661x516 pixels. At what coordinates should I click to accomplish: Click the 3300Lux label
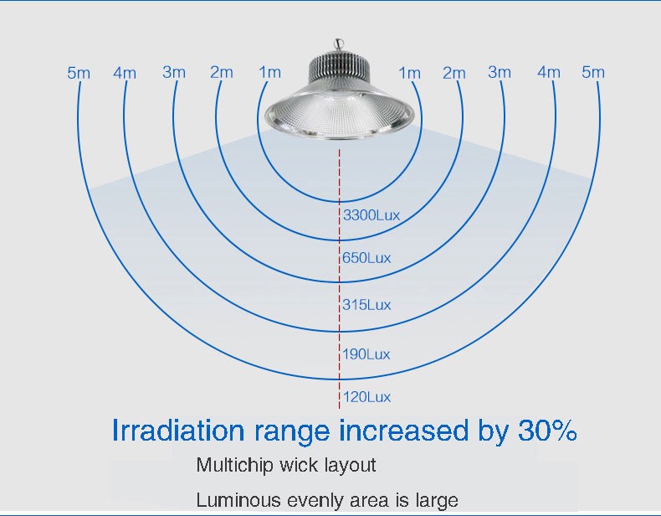(x=371, y=215)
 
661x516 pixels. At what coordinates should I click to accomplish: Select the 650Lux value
(x=366, y=258)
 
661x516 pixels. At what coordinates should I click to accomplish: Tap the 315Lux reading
(x=366, y=305)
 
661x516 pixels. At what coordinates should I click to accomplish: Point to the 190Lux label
(x=366, y=354)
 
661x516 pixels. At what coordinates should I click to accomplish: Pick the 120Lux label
(x=366, y=397)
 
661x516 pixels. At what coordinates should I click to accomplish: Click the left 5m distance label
(x=79, y=73)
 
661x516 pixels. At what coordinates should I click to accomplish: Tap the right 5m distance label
(x=593, y=72)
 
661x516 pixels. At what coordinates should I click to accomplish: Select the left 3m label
(x=174, y=72)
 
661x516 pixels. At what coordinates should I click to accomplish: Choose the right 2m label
(x=454, y=73)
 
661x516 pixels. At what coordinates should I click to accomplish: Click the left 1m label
(x=269, y=72)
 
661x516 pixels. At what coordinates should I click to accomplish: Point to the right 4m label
(x=548, y=72)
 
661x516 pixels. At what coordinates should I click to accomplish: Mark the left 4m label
(x=125, y=73)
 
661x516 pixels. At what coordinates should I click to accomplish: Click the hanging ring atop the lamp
(x=339, y=44)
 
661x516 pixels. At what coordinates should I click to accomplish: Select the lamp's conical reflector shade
(x=340, y=111)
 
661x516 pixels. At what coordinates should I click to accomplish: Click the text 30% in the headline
(x=547, y=431)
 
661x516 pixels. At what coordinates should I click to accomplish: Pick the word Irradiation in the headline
(x=178, y=431)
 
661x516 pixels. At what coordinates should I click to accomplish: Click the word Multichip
(x=234, y=466)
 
